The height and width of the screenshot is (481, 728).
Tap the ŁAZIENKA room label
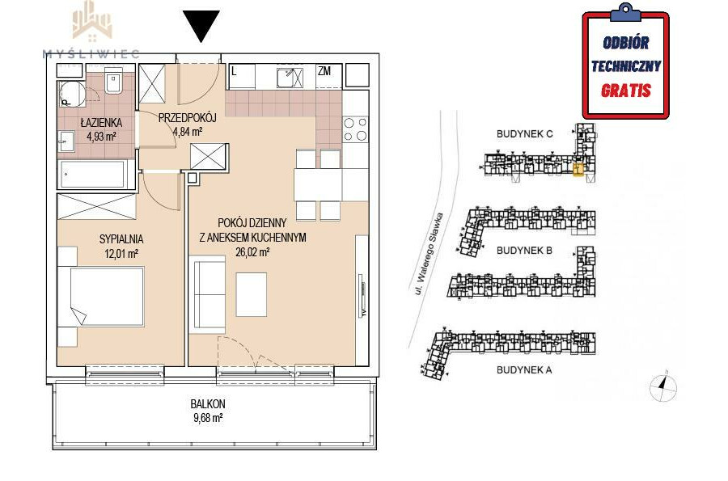click(x=101, y=123)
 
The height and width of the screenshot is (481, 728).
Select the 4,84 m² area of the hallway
click(x=188, y=132)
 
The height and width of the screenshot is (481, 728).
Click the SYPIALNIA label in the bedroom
click(x=121, y=239)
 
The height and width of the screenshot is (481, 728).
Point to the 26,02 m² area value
click(x=253, y=252)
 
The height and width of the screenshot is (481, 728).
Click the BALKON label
click(x=208, y=403)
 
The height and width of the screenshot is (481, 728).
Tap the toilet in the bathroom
click(x=113, y=80)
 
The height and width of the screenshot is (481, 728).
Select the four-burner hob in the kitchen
click(x=355, y=129)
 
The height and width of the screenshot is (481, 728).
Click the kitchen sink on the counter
click(x=290, y=78)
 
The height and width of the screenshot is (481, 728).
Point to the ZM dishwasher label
click(x=324, y=71)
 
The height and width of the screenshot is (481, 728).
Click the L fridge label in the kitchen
click(x=234, y=71)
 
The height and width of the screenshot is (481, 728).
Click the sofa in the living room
click(x=208, y=297)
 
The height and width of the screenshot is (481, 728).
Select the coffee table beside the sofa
click(x=252, y=294)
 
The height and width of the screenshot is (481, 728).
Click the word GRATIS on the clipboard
click(x=626, y=91)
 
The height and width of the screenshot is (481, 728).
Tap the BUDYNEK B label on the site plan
click(x=524, y=251)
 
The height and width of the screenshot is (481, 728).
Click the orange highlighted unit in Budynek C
click(x=578, y=171)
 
